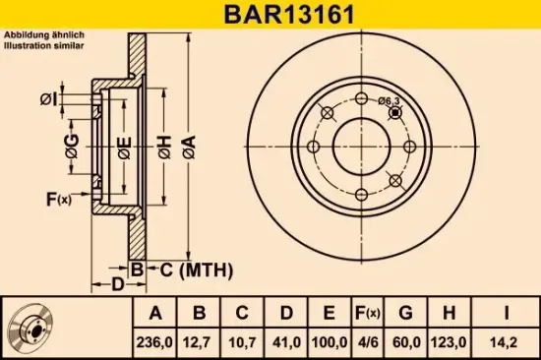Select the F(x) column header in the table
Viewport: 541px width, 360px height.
point(367,314)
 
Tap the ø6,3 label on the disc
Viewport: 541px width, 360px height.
point(391,99)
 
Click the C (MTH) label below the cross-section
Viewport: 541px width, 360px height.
point(187,269)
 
